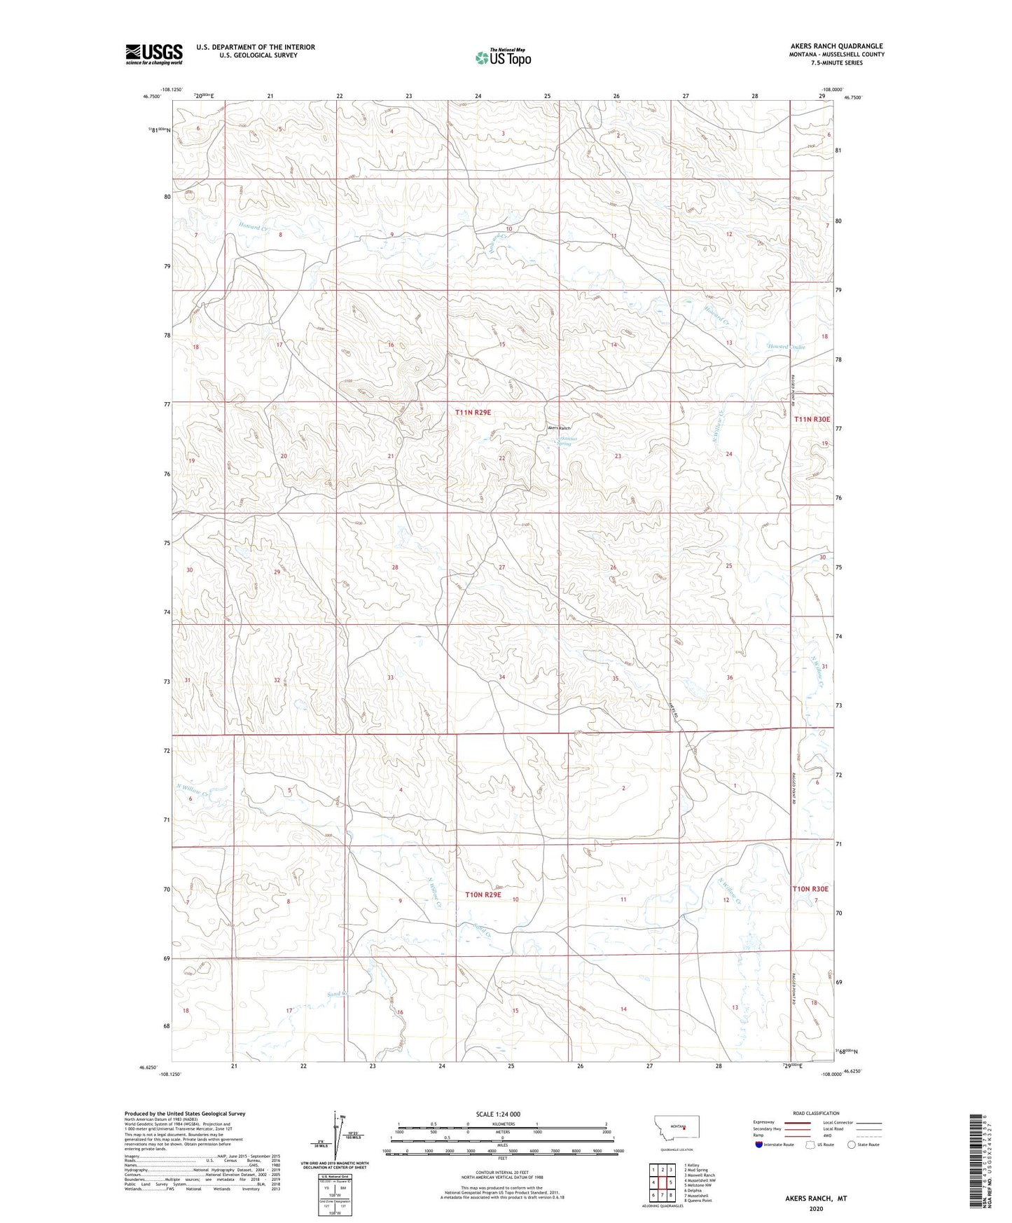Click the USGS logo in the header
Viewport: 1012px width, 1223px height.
[x=154, y=54]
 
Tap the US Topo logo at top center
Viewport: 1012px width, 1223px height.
[x=502, y=57]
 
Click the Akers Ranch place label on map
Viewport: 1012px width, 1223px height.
[x=559, y=428]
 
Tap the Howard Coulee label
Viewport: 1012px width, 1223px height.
[x=786, y=347]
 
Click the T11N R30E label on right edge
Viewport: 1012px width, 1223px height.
[x=812, y=419]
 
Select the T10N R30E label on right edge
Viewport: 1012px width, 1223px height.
[x=810, y=888]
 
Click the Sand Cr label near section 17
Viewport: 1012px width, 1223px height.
[x=337, y=994]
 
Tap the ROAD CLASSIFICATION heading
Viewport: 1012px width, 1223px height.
[x=816, y=1113]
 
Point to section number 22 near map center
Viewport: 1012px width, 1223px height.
[x=501, y=457]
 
